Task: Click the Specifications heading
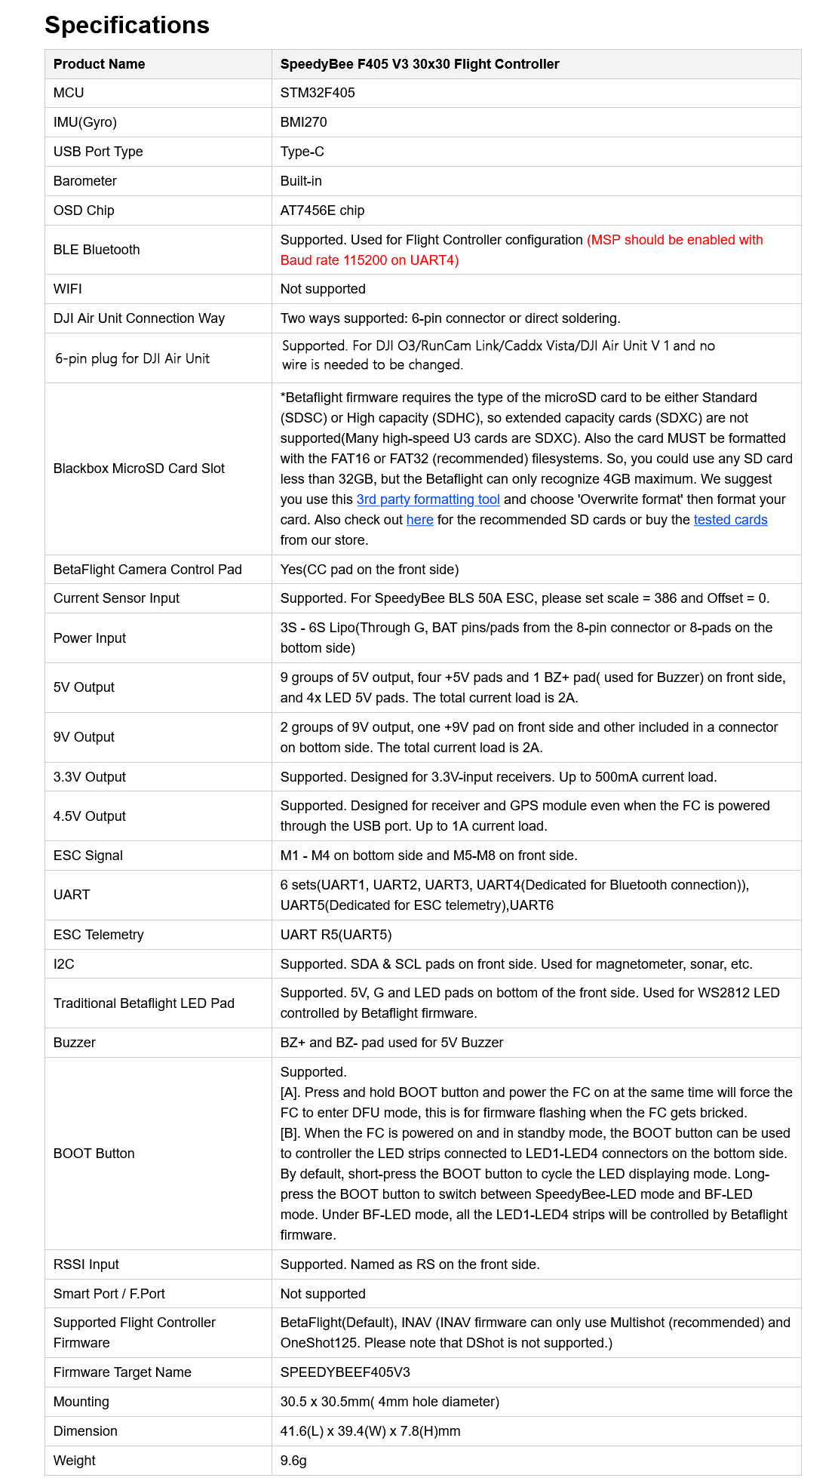127,25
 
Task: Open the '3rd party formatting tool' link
428,499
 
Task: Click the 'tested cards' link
730,520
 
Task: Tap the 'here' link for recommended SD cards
419,520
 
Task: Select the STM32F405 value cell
318,93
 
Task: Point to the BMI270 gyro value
303,122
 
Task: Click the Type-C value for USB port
302,152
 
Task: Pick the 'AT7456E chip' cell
322,210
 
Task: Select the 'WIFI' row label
68,289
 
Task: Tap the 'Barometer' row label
85,181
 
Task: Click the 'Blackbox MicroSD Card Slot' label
139,469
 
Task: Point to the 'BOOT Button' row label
94,1154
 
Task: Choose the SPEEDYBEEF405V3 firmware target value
345,1372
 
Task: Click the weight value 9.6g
293,1461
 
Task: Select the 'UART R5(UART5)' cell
336,935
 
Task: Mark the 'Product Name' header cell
99,64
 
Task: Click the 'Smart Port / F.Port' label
109,1294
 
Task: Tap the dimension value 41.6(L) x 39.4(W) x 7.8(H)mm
370,1431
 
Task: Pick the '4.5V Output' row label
90,816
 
